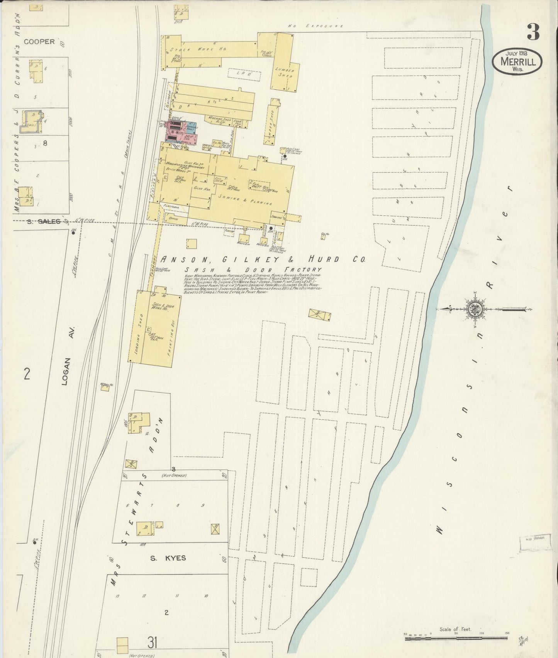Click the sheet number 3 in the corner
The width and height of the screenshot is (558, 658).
[533, 32]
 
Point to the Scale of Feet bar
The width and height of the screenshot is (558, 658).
[456, 639]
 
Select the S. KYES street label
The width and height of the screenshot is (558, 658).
[168, 557]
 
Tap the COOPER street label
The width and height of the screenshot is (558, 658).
[39, 41]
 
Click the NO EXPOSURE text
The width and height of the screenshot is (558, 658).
[315, 26]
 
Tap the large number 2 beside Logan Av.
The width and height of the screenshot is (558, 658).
[26, 374]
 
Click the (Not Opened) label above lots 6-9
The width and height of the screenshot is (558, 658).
[174, 475]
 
